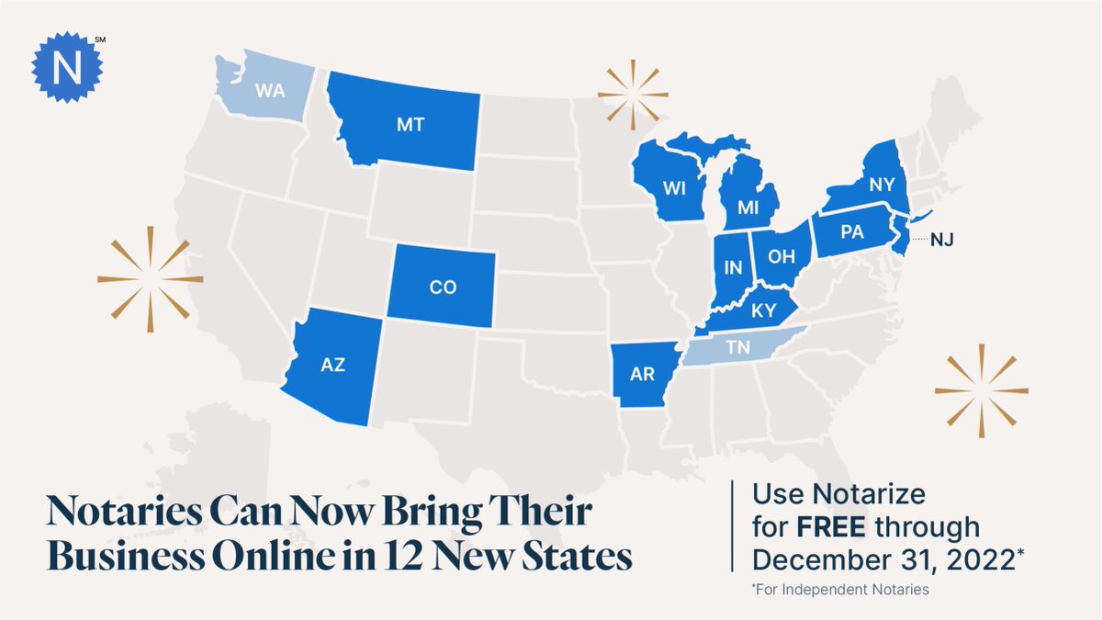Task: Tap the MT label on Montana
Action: (x=410, y=125)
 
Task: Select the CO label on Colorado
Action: (x=443, y=287)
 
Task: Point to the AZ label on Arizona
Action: (x=333, y=366)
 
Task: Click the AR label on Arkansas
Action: (x=642, y=375)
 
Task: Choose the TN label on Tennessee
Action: (x=737, y=349)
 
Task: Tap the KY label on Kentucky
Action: (x=763, y=311)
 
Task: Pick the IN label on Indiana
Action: (x=733, y=268)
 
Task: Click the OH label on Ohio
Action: (x=781, y=257)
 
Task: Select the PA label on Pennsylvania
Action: (x=852, y=232)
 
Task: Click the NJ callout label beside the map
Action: (x=942, y=241)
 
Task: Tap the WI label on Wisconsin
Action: (x=675, y=187)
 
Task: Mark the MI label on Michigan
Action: (x=747, y=209)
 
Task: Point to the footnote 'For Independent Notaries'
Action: (x=843, y=590)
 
